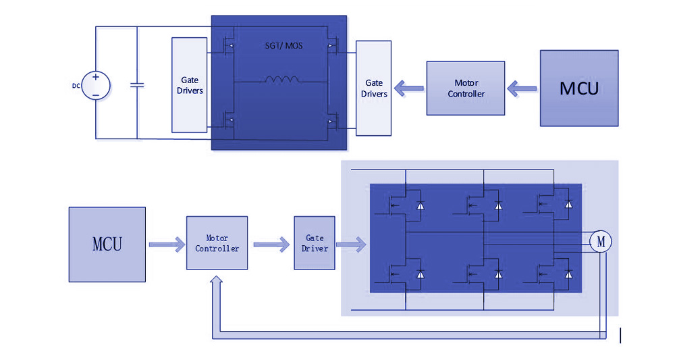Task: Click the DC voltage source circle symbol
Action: point(96,86)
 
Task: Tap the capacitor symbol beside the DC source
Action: point(138,86)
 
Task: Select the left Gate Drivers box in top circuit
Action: point(190,85)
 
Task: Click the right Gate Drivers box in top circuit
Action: point(373,88)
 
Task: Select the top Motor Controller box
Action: point(466,88)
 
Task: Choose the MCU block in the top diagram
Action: point(579,88)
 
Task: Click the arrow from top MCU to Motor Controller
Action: point(522,88)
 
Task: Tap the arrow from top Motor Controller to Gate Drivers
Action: point(408,88)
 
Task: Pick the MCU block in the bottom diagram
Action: point(107,244)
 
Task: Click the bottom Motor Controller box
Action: point(217,243)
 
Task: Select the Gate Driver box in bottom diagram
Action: point(315,243)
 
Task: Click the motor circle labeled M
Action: point(600,241)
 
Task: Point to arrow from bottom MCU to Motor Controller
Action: point(165,244)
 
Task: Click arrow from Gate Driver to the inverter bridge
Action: point(352,244)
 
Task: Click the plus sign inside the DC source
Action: point(96,78)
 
